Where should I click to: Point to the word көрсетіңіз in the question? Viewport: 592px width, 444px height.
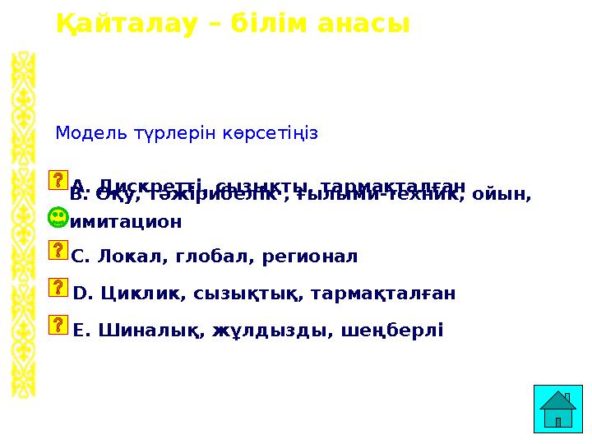point(268,132)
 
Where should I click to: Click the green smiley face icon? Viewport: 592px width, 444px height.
point(58,218)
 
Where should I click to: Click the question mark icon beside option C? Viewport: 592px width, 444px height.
point(58,250)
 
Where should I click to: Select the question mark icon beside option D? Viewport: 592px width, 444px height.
point(58,286)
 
